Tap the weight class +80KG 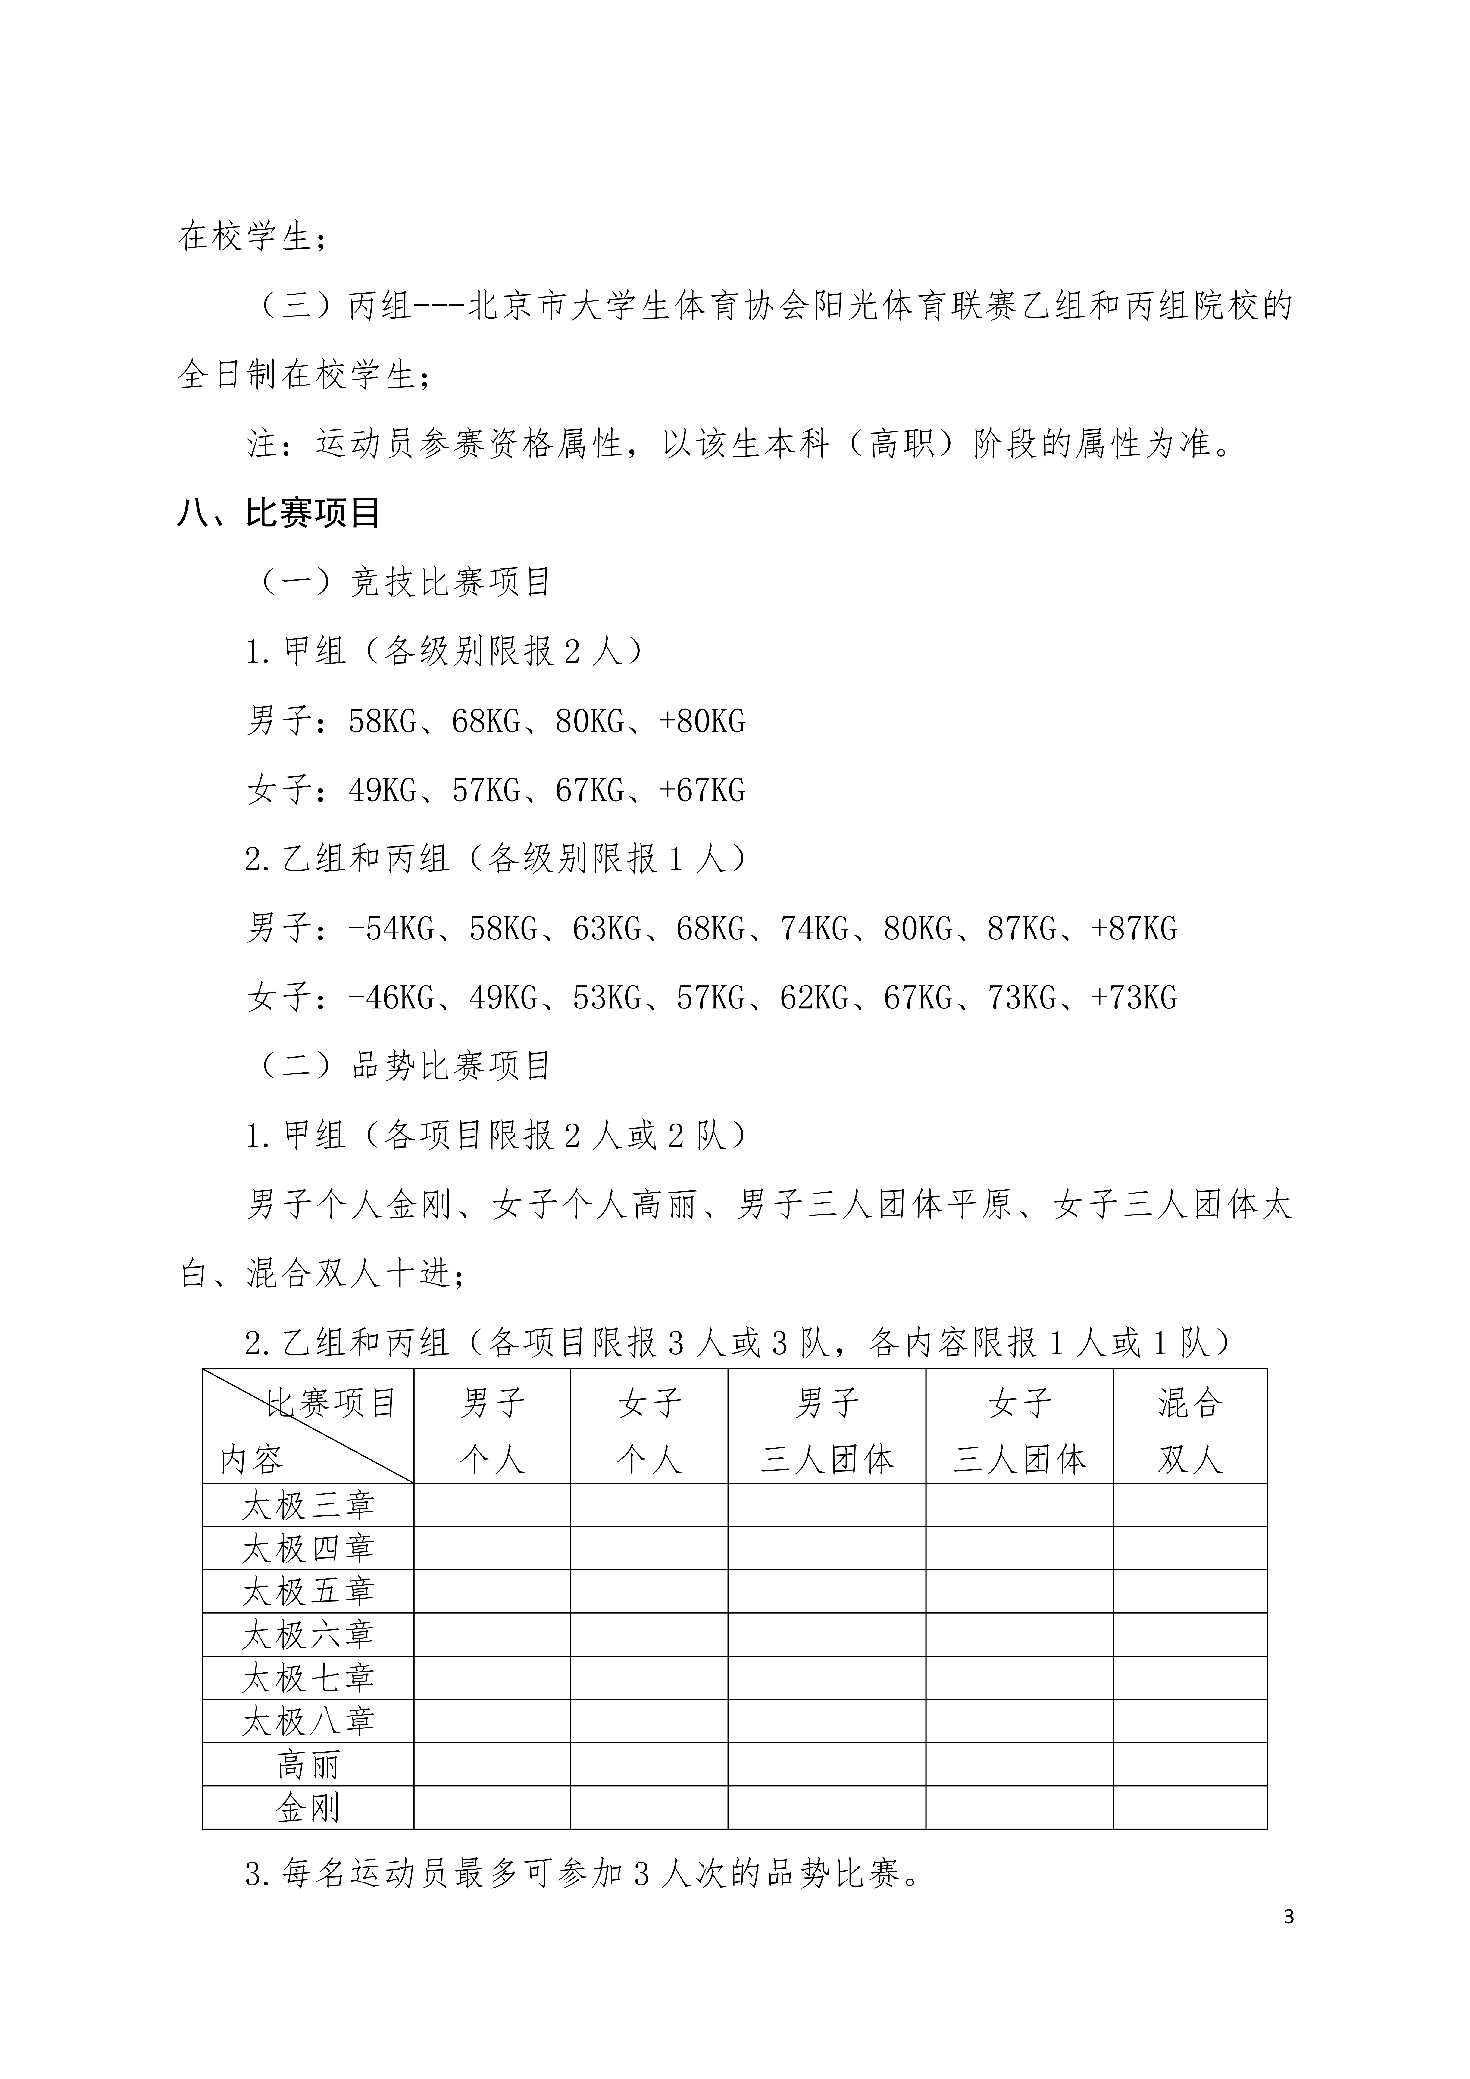[x=702, y=722]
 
